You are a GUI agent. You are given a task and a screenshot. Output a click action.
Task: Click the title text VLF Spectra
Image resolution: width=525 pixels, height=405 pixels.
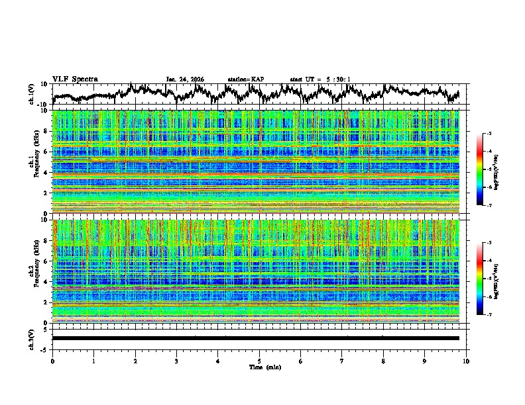coord(75,79)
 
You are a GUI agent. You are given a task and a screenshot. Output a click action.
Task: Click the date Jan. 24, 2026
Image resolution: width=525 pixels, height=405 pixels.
coord(185,79)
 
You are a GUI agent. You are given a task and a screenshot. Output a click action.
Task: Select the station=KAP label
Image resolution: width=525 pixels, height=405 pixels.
coord(245,79)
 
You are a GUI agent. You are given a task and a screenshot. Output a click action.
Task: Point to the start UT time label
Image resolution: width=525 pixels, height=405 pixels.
coord(320,79)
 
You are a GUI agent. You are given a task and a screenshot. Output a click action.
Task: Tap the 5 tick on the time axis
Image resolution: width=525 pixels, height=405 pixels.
coord(259,361)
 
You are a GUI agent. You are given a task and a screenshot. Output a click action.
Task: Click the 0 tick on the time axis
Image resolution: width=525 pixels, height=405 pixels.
coord(52,361)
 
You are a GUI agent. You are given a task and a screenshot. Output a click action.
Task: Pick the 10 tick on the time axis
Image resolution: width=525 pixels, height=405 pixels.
coord(466,361)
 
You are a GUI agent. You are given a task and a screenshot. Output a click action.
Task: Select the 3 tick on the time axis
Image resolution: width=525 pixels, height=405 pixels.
coord(176,361)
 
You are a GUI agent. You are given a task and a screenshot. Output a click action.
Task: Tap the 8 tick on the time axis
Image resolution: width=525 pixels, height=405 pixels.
coord(383,361)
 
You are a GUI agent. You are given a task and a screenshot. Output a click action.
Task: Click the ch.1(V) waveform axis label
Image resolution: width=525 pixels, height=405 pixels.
coord(32,94)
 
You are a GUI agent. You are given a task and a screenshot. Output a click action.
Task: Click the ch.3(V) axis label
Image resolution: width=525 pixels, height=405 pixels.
coord(32,338)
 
